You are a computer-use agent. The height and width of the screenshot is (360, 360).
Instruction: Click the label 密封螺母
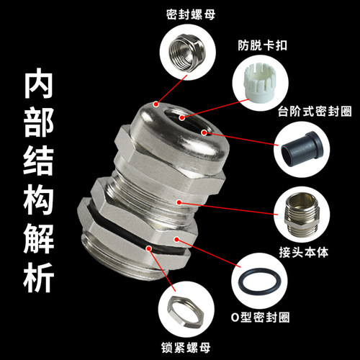(x=191, y=14)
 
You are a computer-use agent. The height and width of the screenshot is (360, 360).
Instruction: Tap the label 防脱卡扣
(x=263, y=45)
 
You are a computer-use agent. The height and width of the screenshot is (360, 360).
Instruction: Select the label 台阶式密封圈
(x=315, y=111)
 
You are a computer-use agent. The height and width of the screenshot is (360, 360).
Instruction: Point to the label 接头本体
(x=304, y=252)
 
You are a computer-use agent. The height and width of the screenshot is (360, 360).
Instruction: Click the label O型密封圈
(x=260, y=318)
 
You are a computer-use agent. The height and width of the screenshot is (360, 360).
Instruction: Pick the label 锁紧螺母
(x=186, y=348)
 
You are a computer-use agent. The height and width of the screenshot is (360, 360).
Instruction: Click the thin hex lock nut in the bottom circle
(x=186, y=311)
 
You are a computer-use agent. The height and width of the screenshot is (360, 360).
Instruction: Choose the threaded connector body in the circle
(x=302, y=215)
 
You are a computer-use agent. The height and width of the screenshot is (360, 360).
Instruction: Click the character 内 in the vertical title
(x=38, y=84)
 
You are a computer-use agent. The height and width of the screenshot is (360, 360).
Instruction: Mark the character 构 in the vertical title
(x=38, y=200)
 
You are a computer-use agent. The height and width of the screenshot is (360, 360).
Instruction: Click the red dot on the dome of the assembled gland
(x=156, y=104)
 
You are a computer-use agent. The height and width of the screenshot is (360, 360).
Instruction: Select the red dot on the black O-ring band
(x=149, y=248)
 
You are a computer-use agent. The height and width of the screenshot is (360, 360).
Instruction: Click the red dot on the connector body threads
(x=179, y=202)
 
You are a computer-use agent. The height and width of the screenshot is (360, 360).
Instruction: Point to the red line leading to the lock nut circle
(x=162, y=270)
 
